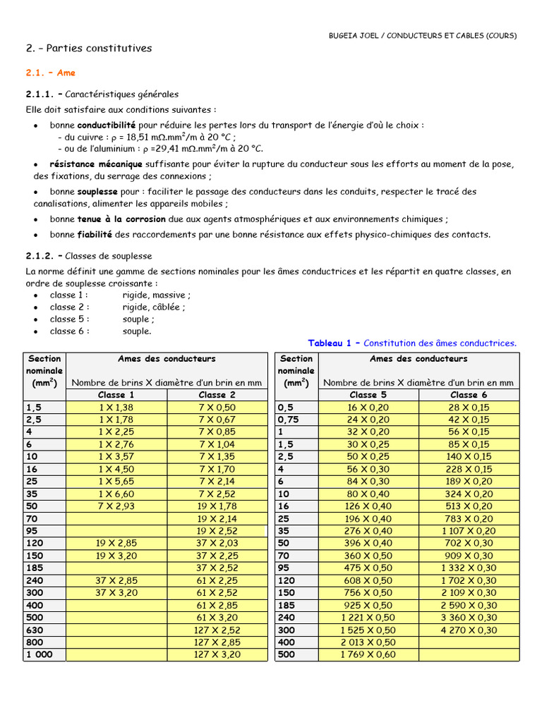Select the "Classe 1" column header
coord(116,395)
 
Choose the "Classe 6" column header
coord(469,395)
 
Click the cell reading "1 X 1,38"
coord(116,408)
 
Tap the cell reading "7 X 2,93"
coord(116,506)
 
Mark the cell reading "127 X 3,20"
coord(217,655)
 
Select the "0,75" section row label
coord(289,420)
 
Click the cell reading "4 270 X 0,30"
coord(469,630)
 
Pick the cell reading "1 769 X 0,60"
coord(368,655)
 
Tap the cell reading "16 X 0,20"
coord(368,408)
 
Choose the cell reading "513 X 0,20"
coord(469,506)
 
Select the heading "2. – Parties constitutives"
coord(89,49)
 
